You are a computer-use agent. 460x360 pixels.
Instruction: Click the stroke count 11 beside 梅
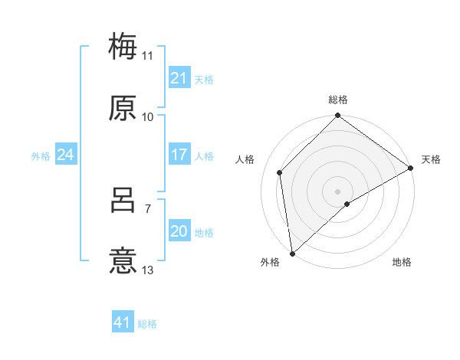pos(148,55)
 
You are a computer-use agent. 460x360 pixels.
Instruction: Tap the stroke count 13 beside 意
pos(148,271)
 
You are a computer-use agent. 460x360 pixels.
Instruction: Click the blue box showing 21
pos(179,77)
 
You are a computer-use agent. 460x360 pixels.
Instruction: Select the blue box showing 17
pos(179,155)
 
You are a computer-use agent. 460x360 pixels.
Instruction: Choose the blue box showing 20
pos(179,231)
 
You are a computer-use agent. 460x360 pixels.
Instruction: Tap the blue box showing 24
pos(65,155)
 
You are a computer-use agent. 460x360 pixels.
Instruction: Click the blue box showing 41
pos(123,322)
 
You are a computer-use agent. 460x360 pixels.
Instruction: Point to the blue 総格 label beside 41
pos(147,324)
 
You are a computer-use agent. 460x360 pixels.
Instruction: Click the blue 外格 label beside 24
pos(41,156)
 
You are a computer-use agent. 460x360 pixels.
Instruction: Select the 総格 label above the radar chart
pos(337,100)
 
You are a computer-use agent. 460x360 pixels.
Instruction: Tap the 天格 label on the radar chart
pos(431,159)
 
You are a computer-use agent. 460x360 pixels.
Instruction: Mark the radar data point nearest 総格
pos(337,117)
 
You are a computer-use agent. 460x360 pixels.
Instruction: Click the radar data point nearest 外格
pos(292,254)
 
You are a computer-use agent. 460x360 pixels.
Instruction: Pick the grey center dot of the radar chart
pos(337,191)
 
